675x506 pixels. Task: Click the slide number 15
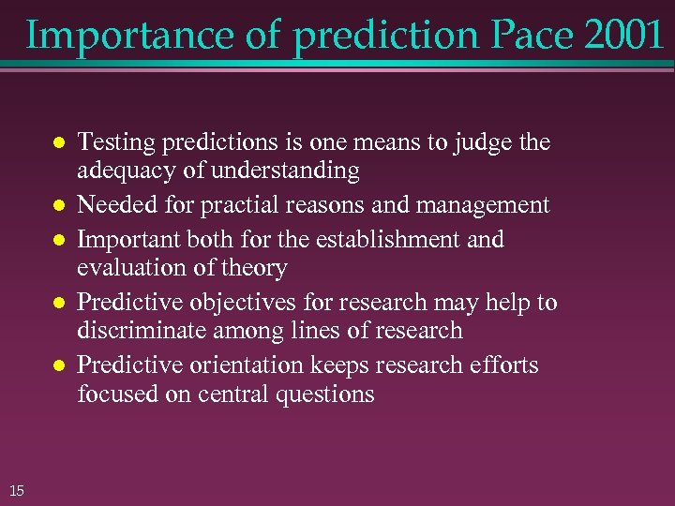pos(16,487)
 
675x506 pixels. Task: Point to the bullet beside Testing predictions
pos(57,143)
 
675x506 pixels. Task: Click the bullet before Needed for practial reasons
pos(57,206)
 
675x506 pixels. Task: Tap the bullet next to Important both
pos(57,240)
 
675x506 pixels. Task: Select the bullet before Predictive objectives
pos(57,303)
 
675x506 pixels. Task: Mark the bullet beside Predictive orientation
pos(57,365)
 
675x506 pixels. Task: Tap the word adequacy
pos(122,171)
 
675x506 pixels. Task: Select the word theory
pos(255,269)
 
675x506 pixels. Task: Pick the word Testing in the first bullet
pos(112,143)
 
